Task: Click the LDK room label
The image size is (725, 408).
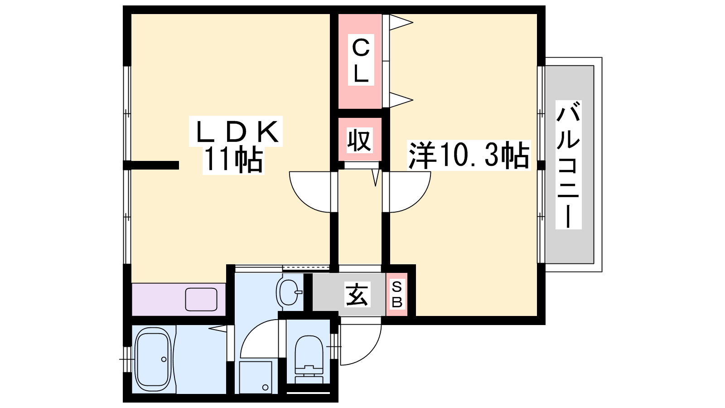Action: coord(236,131)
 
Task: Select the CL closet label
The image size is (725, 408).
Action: coord(361,61)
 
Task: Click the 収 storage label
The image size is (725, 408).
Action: coord(360,140)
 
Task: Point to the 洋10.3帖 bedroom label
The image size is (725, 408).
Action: coord(469,155)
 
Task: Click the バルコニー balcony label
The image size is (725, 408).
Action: coord(568,165)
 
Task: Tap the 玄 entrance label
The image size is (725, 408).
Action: coord(358,294)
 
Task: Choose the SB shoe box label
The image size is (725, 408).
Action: coord(397,295)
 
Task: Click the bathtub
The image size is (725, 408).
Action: coord(153,359)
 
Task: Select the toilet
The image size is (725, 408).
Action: coord(309,356)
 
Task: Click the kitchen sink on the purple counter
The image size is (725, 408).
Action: coord(201,299)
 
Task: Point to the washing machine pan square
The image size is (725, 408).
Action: coord(255,377)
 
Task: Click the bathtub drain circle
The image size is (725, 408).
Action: coord(164,359)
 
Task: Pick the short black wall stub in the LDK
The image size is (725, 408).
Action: coord(155,165)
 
